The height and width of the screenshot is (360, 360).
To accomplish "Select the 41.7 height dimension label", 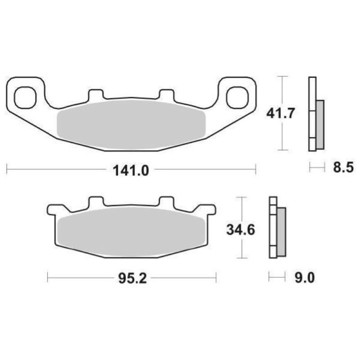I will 280,113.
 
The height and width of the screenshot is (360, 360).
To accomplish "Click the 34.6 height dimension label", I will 241,230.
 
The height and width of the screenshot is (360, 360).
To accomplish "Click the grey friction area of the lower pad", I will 130,232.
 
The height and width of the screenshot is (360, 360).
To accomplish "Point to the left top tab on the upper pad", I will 95,95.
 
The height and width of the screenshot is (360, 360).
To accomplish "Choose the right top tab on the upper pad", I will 166,95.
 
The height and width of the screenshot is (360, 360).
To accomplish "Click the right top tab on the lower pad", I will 166,202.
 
